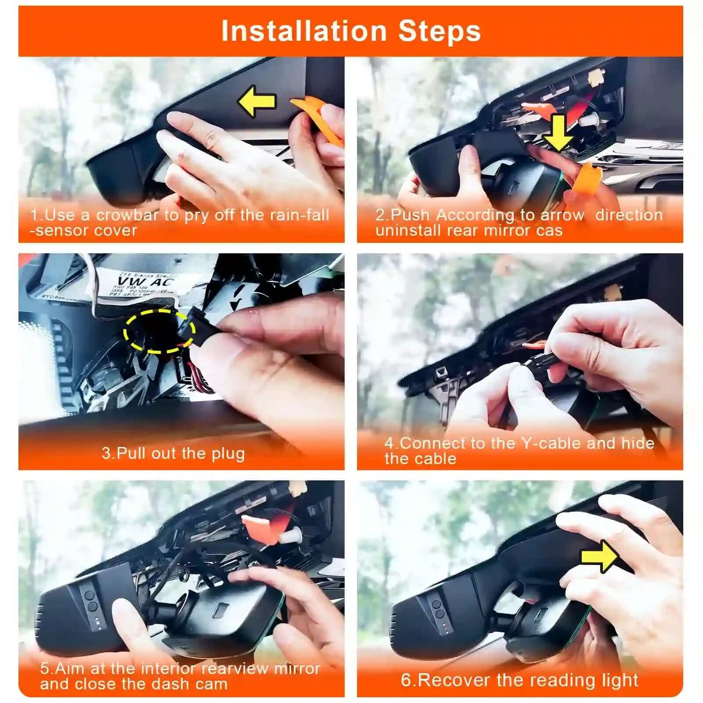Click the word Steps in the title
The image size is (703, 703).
(x=439, y=32)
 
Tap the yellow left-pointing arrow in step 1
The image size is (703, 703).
(x=256, y=101)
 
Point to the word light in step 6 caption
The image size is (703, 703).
(x=620, y=680)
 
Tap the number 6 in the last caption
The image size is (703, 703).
(x=406, y=680)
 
